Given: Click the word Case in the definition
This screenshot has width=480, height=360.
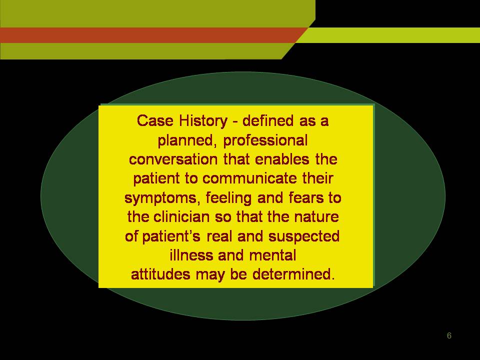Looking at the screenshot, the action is pyautogui.click(x=155, y=120).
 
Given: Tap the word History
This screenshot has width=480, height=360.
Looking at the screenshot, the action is pyautogui.click(x=203, y=121).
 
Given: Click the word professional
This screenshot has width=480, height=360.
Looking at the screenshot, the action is pyautogui.click(x=265, y=141).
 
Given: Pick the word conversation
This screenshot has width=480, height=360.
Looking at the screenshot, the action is pyautogui.click(x=173, y=159).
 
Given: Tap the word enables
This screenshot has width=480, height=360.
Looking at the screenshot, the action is pyautogui.click(x=281, y=159).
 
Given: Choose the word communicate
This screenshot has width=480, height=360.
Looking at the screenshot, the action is pyautogui.click(x=249, y=178).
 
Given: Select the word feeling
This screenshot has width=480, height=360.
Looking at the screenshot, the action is pyautogui.click(x=228, y=198).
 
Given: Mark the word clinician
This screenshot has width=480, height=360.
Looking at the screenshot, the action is pyautogui.click(x=181, y=216).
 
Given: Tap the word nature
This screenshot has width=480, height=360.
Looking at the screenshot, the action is pyautogui.click(x=316, y=217).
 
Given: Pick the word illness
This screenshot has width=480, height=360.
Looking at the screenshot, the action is pyautogui.click(x=191, y=255).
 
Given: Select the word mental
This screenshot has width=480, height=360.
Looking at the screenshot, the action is pyautogui.click(x=272, y=255).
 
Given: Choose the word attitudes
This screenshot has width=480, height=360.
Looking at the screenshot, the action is pyautogui.click(x=160, y=274).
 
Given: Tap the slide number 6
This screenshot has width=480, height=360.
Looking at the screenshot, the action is pyautogui.click(x=449, y=335).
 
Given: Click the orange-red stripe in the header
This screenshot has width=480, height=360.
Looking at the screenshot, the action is pyautogui.click(x=150, y=35).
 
